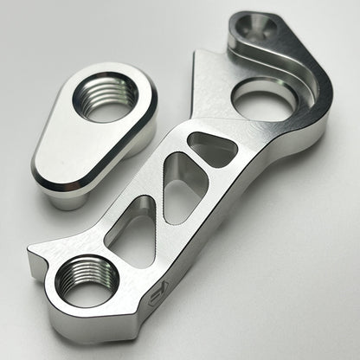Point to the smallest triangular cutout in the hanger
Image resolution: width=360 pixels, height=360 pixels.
[x=211, y=149]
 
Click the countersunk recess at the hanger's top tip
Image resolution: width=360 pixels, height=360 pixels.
[x=254, y=31]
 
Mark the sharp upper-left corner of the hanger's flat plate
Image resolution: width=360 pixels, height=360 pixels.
[x=198, y=52]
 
